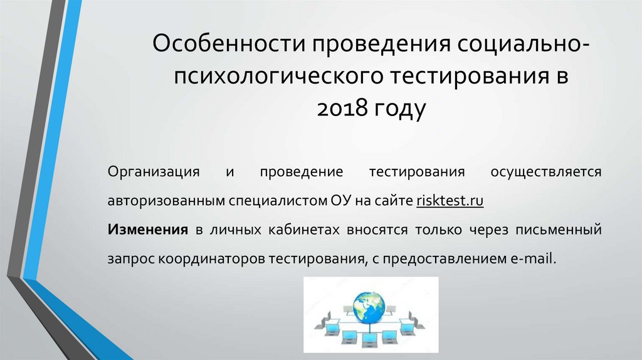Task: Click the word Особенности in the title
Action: click(x=229, y=44)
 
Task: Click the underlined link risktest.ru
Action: click(x=450, y=201)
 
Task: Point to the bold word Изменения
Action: click(x=148, y=230)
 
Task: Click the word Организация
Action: click(x=154, y=172)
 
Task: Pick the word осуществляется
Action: click(x=546, y=172)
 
